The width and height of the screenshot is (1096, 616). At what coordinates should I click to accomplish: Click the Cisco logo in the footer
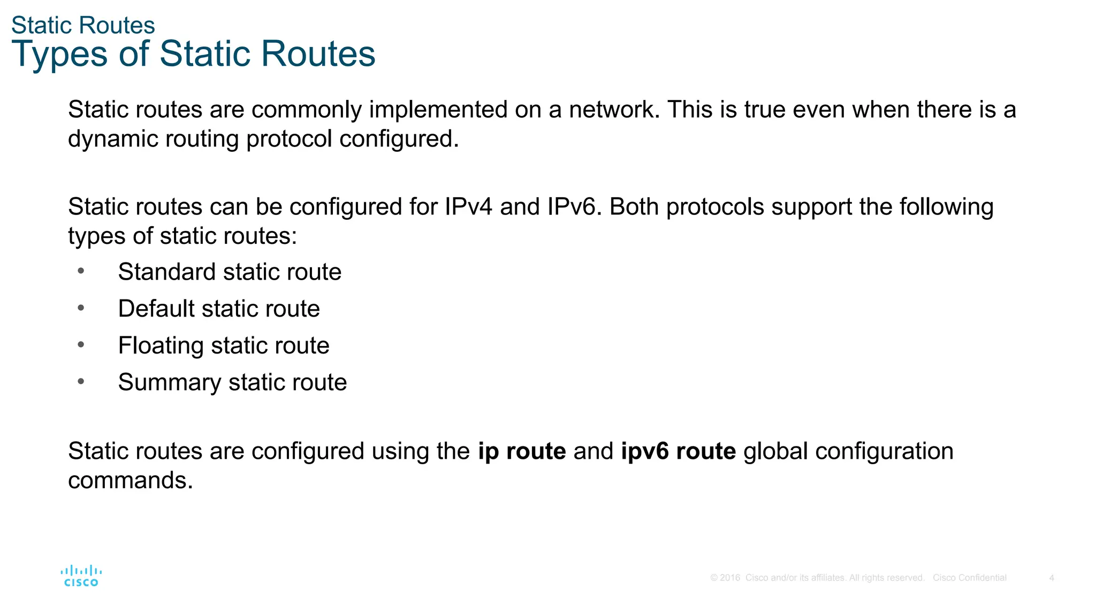point(81,576)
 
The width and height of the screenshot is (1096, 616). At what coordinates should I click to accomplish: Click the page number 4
point(1052,578)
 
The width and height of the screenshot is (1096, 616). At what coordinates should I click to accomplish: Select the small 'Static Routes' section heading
point(83,25)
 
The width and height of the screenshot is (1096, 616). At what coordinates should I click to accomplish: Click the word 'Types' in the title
point(59,55)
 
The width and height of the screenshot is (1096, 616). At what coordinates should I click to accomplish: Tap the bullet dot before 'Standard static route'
point(81,271)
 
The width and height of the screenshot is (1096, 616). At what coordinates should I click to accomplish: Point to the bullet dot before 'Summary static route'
point(81,382)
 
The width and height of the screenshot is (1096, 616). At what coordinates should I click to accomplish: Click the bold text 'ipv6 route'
point(678,451)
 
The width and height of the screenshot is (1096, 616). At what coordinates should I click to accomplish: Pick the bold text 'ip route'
point(522,451)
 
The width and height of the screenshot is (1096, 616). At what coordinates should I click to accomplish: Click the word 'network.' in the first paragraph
point(614,110)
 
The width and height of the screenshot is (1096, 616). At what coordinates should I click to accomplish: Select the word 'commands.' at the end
point(130,480)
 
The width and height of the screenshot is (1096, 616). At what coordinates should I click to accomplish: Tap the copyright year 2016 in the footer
point(730,578)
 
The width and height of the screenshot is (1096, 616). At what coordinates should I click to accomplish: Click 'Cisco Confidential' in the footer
point(969,578)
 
